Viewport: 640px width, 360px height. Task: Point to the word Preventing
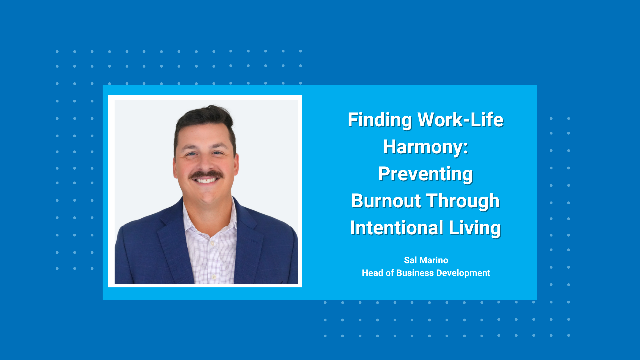[425, 174]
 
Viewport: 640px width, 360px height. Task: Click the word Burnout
[386, 201]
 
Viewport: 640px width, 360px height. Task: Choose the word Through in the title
[463, 201]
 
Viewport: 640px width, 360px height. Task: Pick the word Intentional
[396, 228]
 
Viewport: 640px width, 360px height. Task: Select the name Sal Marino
[426, 260]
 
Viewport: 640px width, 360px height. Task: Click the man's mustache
[206, 175]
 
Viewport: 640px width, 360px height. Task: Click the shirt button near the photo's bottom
[214, 277]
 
